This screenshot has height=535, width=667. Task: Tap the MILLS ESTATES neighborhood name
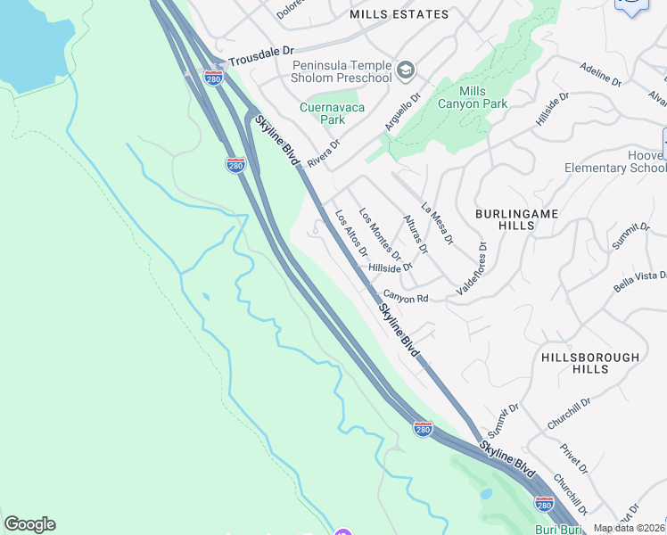point(399,14)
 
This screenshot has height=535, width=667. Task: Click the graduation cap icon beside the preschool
point(406,68)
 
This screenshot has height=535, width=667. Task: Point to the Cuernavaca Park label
point(322,113)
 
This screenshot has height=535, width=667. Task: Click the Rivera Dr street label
point(324,152)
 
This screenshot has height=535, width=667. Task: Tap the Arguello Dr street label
point(402,113)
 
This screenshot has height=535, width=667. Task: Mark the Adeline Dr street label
point(600,75)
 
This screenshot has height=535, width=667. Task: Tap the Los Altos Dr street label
point(350,232)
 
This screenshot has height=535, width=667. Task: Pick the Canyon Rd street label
point(407,298)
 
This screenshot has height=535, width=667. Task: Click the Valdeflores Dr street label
point(472,268)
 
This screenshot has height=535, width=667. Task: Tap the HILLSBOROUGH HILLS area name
point(590,363)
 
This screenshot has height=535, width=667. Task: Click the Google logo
point(29,524)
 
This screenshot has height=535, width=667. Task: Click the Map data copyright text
point(630,528)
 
